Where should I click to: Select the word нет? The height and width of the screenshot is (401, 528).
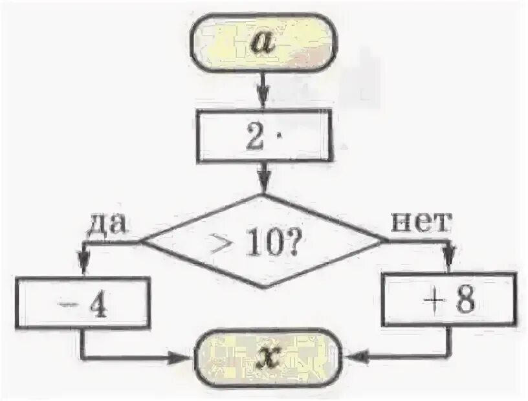419,222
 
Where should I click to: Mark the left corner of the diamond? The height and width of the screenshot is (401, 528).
142,242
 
